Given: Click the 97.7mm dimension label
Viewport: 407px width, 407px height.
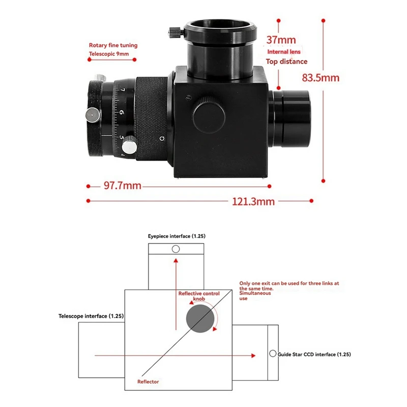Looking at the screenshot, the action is tap(123, 186).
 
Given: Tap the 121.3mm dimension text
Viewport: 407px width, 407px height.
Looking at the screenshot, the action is tap(253, 201).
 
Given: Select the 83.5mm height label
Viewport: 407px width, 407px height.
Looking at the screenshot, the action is tap(321, 78).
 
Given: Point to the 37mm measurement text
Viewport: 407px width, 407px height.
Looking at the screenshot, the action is tap(281, 40).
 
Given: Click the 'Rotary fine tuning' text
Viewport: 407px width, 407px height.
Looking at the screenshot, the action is tap(113, 45).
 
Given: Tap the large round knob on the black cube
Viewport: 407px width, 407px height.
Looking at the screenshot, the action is tap(209, 115).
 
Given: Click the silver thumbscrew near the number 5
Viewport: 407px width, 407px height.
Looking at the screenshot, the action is tap(129, 146).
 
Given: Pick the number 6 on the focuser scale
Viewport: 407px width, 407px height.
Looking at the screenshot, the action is tap(122, 112).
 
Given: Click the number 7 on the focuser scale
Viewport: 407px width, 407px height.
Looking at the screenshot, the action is tap(123, 90).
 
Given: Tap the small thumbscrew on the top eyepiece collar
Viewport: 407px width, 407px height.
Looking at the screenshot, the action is tap(176, 33).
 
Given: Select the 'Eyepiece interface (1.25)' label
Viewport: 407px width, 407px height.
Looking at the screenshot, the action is tap(177, 236).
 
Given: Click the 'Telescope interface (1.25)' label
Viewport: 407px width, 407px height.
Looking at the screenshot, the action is tap(91, 316).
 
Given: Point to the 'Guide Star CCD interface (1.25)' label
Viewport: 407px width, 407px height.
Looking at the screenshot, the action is tap(314, 354).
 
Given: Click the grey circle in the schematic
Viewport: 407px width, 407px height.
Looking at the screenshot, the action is tap(200, 318).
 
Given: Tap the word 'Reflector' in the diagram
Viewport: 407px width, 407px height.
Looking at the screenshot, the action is tap(148, 382).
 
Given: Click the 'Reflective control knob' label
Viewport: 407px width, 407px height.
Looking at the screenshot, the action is tap(199, 296).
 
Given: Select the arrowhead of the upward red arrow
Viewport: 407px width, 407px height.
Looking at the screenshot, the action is tap(176, 260).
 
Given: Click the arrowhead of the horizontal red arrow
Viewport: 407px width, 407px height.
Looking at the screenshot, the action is tap(253, 356).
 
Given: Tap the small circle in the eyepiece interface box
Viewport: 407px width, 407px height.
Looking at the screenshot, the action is tap(176, 249).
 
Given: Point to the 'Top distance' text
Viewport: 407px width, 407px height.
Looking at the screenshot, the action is tap(286, 62).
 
